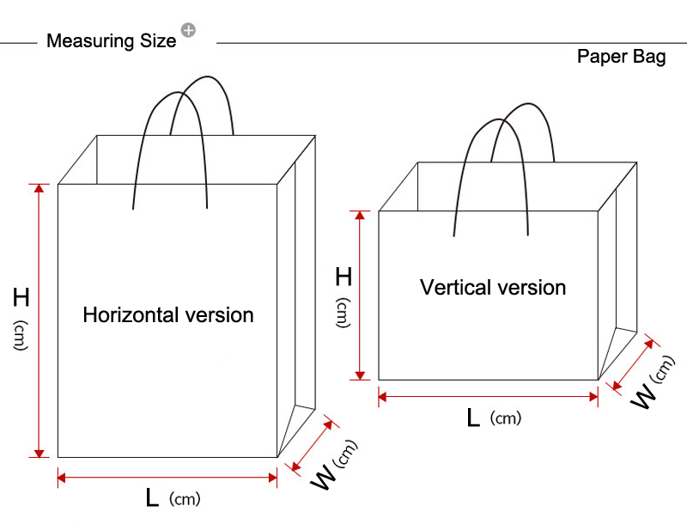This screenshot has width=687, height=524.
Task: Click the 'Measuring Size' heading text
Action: (111, 41)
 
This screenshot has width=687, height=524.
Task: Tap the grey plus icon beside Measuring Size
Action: (188, 30)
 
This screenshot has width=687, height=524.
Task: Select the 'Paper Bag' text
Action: (621, 58)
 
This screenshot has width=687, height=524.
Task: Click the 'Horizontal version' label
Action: (168, 315)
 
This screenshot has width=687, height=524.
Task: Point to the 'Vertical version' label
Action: (493, 287)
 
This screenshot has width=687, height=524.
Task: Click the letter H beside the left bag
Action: (21, 298)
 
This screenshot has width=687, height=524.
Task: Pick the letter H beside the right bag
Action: (343, 277)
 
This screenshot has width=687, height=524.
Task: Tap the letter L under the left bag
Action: (152, 497)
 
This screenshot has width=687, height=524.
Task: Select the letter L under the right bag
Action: (473, 417)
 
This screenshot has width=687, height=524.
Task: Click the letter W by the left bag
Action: (321, 479)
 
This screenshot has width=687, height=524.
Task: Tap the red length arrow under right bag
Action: (488, 396)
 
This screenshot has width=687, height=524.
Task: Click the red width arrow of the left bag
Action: (312, 445)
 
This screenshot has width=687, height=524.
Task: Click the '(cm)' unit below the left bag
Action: (185, 499)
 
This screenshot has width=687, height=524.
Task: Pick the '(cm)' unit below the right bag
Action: (506, 418)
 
